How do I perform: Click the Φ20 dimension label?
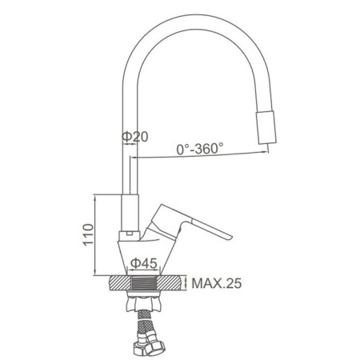click(x=134, y=137)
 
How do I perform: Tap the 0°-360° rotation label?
click(x=200, y=148)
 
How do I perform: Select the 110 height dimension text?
click(x=89, y=234)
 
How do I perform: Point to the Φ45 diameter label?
click(x=144, y=263)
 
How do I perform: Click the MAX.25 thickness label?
click(x=217, y=283)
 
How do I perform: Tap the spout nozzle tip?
click(x=266, y=127)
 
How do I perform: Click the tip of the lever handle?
click(x=230, y=236)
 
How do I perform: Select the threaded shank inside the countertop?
click(x=144, y=283)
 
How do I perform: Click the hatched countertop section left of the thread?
click(x=121, y=283)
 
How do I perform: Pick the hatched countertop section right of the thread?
click(x=169, y=283)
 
